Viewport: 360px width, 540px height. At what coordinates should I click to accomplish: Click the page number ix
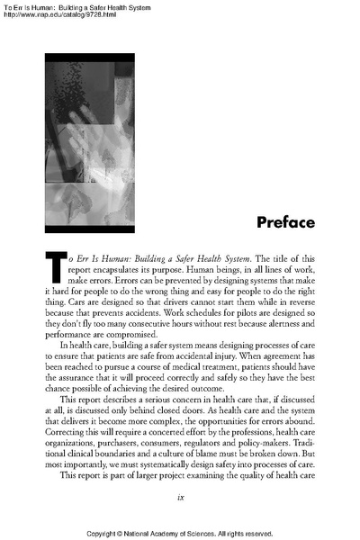coord(181,492)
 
